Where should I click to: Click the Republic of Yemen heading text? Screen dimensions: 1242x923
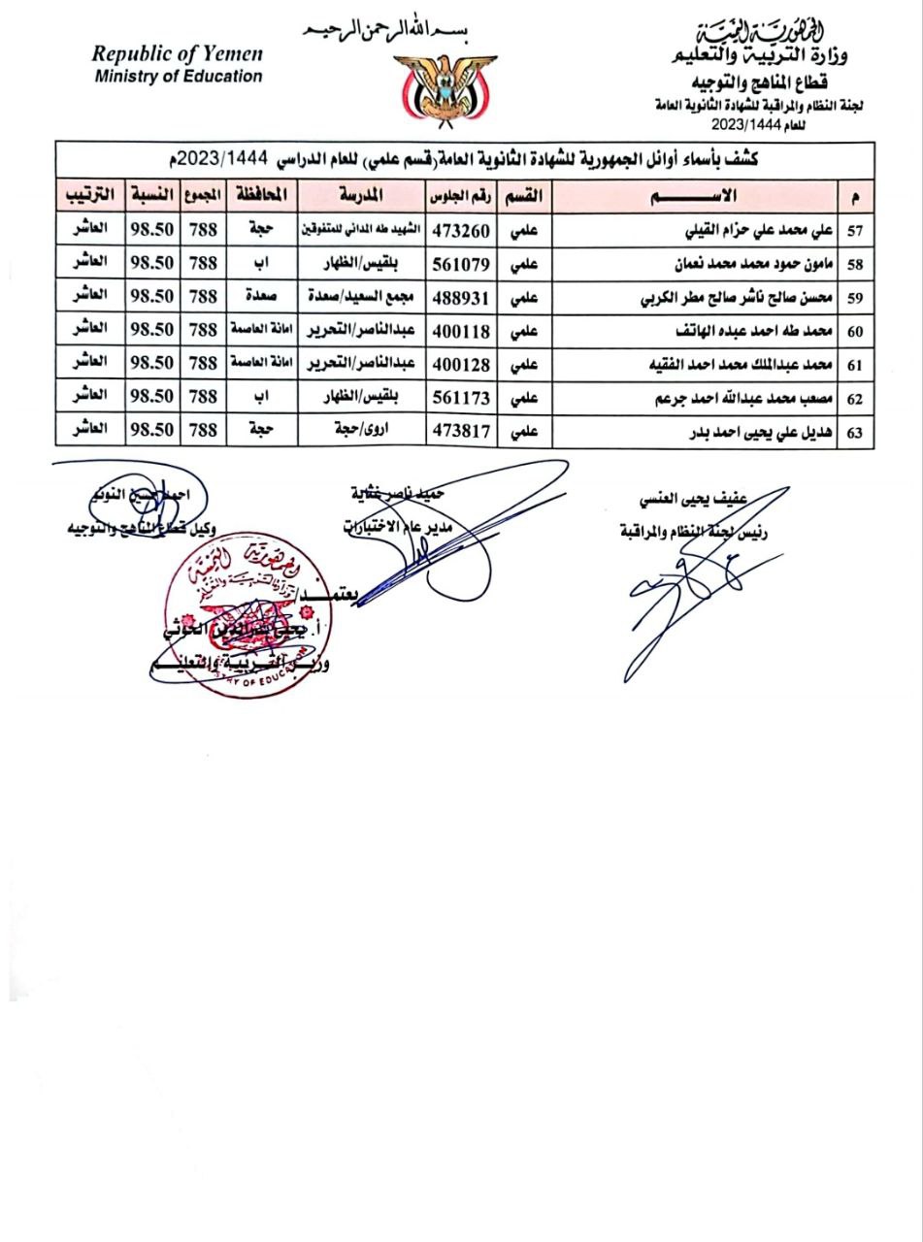[x=178, y=54]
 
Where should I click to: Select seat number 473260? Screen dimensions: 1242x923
[x=461, y=230]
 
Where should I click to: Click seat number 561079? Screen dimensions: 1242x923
[x=461, y=264]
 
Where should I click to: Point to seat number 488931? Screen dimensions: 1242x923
[x=461, y=297]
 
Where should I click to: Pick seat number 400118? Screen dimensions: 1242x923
[x=461, y=331]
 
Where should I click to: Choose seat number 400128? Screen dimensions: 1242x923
[x=461, y=364]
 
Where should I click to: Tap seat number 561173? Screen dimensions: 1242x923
[x=461, y=397]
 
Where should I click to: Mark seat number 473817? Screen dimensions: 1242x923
[x=461, y=431]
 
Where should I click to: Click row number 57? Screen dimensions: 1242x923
[x=855, y=231]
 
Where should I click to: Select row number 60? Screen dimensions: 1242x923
[x=855, y=332]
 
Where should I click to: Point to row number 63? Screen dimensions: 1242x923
[x=855, y=433]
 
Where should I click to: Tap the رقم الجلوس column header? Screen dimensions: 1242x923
[x=461, y=196]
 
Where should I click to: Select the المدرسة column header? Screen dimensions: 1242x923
[x=361, y=196]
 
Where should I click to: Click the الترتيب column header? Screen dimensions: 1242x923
[x=90, y=196]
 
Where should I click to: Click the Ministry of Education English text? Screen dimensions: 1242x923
[x=179, y=77]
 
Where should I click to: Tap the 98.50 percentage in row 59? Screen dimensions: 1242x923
[x=151, y=297]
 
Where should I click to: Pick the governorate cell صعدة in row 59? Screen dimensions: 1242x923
[x=262, y=297]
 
